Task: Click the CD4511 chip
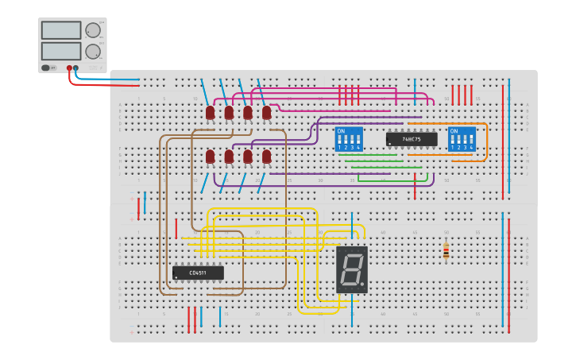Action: pos(198,273)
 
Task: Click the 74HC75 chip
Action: pos(411,139)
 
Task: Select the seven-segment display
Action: pos(351,269)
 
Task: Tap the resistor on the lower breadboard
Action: pos(446,250)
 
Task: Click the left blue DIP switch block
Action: pos(349,139)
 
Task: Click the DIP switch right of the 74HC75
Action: pos(462,139)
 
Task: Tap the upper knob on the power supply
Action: pos(93,30)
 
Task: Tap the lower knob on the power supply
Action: pos(93,52)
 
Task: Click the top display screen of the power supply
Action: pos(61,30)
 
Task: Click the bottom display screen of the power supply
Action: pos(61,51)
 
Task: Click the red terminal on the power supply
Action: pos(69,68)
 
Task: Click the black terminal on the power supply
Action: pos(76,68)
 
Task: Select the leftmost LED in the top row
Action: pos(210,113)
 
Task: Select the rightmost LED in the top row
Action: pos(266,113)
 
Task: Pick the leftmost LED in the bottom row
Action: pos(210,157)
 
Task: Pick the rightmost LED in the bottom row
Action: pos(266,157)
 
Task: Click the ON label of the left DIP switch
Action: pos(341,131)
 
